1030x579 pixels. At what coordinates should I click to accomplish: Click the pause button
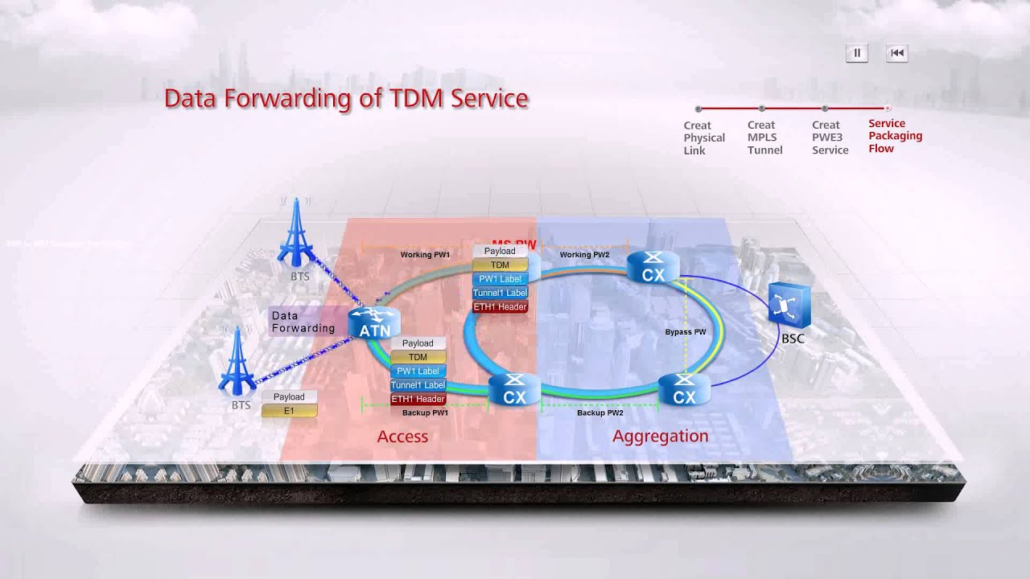coord(856,53)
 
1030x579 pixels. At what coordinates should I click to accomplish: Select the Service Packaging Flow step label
coord(895,136)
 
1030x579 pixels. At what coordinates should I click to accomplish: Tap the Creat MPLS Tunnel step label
coord(764,138)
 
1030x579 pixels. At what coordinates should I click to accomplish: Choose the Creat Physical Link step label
coord(704,138)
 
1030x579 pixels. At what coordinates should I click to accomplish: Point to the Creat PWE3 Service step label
coord(830,138)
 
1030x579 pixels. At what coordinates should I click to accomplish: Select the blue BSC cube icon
coord(789,306)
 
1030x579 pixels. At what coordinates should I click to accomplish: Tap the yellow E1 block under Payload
coord(289,411)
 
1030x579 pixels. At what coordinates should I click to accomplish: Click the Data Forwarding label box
coord(303,322)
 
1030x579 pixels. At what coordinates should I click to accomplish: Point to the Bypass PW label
coord(686,331)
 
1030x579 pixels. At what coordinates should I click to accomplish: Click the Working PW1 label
coord(425,255)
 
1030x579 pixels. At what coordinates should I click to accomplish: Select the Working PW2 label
coord(584,255)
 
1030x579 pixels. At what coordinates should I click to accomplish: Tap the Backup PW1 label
coord(425,413)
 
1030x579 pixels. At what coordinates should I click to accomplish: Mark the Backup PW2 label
coord(600,413)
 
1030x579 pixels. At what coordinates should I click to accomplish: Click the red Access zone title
coord(402,437)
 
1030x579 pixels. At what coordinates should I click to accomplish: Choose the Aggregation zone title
coord(660,436)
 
